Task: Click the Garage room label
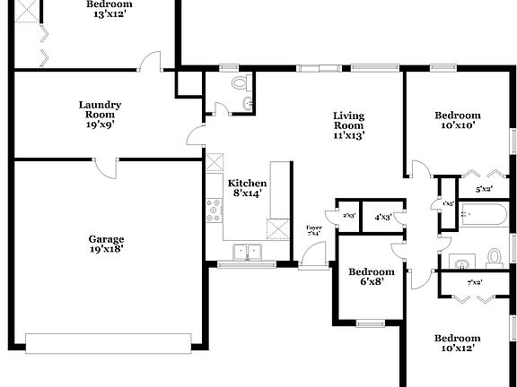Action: [106, 244]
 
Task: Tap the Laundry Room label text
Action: [100, 115]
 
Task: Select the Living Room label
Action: [348, 125]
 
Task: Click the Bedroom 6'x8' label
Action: [371, 278]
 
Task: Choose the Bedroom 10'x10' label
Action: [457, 121]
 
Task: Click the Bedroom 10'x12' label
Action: [457, 343]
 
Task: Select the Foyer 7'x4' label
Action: [314, 231]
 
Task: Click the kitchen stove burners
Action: [215, 211]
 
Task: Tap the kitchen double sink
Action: [243, 252]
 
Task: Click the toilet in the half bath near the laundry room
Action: [239, 83]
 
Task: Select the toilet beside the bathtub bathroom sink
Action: [493, 257]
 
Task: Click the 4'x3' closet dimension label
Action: [382, 216]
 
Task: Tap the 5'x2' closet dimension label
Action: [483, 189]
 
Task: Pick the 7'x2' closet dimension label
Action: [475, 283]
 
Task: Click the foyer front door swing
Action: [311, 254]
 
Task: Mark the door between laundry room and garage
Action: [106, 168]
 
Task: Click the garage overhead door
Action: [109, 342]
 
